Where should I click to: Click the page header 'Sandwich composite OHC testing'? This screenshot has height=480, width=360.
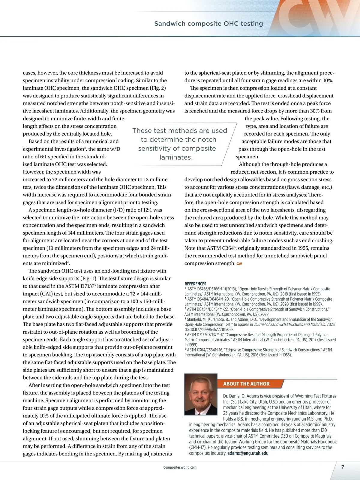pos(208,24)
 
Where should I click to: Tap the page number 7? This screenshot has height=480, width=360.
pos(343,467)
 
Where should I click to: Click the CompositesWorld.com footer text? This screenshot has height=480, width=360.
pos(180,467)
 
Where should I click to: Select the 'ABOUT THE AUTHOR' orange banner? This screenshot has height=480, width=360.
pos(246,384)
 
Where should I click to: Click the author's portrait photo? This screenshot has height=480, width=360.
pos(201,394)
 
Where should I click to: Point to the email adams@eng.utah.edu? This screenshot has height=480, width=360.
pos(248,453)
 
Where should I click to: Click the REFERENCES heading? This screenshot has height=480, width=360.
pos(195,284)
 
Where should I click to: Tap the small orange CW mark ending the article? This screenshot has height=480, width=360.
pos(239,264)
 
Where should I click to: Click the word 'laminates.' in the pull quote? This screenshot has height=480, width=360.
pos(176,157)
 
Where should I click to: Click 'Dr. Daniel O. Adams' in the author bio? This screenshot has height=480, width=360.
pos(241,396)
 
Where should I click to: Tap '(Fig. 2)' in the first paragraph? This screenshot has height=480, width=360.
pos(158,88)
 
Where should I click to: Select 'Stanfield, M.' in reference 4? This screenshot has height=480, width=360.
pos(198,319)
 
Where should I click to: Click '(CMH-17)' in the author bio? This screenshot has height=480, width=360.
pos(197,448)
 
